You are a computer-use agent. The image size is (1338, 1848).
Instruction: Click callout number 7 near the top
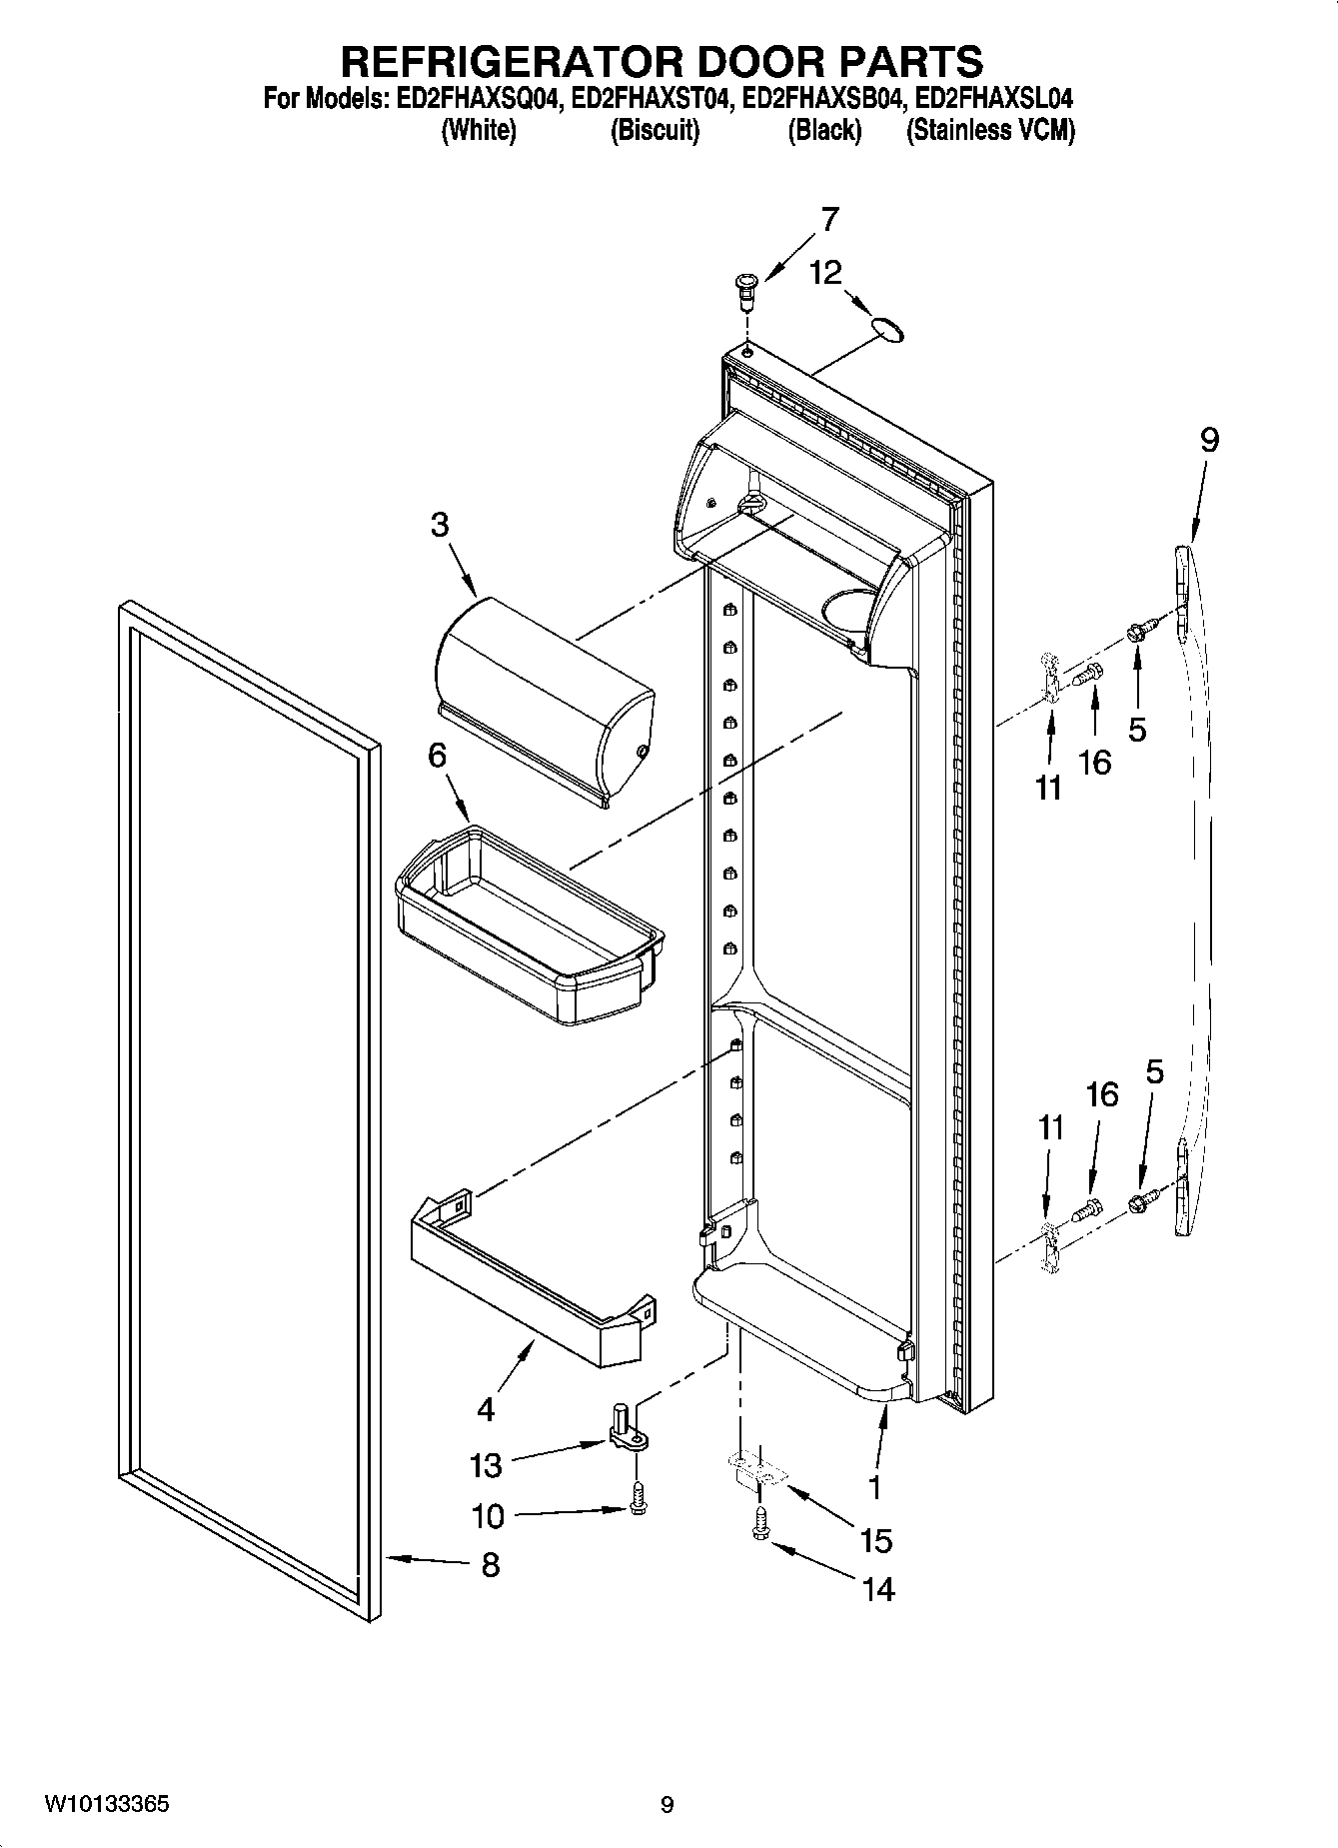coord(829,219)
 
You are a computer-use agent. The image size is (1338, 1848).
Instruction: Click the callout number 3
coord(440,525)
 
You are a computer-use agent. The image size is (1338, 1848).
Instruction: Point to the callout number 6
coord(437,756)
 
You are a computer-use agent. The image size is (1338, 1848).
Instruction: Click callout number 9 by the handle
coord(1209,440)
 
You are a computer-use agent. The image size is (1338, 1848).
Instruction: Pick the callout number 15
coord(875,1540)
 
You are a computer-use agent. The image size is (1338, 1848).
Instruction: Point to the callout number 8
coord(490,1564)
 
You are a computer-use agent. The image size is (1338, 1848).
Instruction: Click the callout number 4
coord(486,1409)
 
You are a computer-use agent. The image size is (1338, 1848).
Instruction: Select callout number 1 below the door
coord(874,1487)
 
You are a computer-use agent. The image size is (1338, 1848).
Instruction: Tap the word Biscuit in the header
coord(655,130)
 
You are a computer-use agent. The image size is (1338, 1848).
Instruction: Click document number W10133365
coord(106,1805)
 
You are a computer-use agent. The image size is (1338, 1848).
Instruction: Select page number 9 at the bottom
coord(667,1805)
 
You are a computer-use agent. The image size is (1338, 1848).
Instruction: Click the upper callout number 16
coord(1095,763)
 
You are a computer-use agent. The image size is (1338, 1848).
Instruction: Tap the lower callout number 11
coord(1050,1128)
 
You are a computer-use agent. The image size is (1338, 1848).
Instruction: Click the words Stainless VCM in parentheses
coord(990,130)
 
